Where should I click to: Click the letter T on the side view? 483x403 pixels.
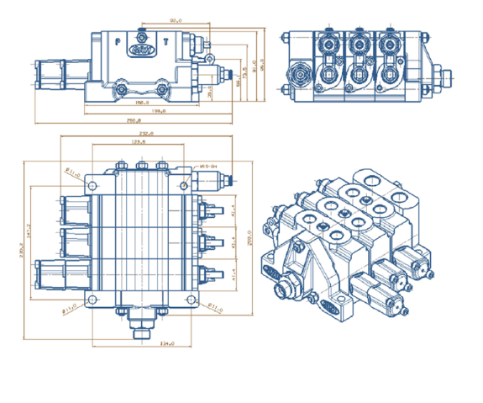point(165,40)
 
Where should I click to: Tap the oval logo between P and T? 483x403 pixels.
point(143,51)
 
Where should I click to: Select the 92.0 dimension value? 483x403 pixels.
point(175,19)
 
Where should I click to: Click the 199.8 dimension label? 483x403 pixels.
point(158,111)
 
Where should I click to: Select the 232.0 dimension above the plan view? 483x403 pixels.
point(144,134)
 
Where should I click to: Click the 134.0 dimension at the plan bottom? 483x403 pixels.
point(166,342)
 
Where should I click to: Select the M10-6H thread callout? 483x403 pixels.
point(208,167)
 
